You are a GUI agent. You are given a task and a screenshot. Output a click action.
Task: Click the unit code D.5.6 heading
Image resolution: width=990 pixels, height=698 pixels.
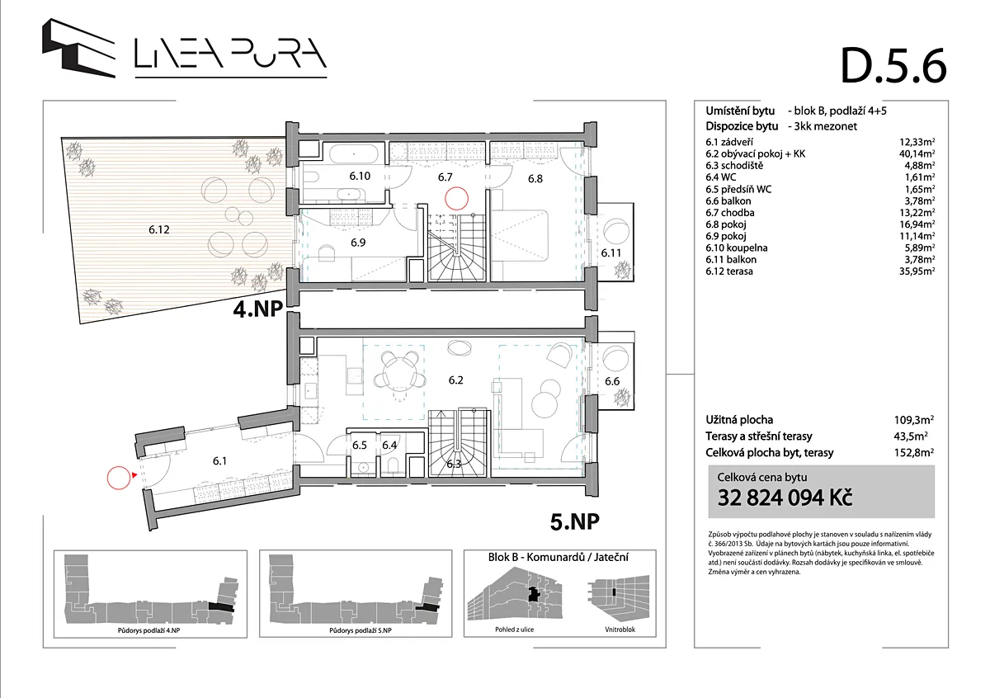coord(893,67)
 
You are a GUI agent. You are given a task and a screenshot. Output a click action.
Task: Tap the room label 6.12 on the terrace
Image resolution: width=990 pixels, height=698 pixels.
coord(159,229)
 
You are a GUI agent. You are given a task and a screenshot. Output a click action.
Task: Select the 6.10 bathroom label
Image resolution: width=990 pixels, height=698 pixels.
coord(360,176)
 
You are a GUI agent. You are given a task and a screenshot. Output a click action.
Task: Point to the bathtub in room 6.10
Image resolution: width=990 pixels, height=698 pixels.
coord(354,153)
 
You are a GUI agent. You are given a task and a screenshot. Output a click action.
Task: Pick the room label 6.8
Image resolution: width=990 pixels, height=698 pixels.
coord(535,178)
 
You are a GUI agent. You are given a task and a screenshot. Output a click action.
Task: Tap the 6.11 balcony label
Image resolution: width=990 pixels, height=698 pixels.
coord(610,252)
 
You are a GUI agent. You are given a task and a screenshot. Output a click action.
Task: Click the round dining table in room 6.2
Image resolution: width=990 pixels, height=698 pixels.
coord(399,372)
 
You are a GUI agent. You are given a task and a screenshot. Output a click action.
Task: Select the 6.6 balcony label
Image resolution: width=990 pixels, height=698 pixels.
coord(612,381)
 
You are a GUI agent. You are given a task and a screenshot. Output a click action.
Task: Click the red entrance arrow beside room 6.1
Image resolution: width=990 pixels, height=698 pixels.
coord(134,475)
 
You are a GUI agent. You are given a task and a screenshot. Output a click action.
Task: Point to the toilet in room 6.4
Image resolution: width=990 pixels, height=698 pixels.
coord(394,465)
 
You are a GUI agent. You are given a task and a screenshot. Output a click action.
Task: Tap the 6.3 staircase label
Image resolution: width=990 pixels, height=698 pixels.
coord(454,465)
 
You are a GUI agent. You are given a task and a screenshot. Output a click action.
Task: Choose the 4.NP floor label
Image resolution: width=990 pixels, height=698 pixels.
coord(257,309)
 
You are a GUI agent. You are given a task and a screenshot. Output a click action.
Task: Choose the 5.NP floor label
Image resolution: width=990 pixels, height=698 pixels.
coord(574,521)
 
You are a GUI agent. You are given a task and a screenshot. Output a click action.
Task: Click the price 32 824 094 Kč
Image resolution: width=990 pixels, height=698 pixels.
coord(785,498)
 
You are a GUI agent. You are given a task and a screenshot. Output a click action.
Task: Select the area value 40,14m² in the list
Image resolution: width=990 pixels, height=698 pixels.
coord(917,153)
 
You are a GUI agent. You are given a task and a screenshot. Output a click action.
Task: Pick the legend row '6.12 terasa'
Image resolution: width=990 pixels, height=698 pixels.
coord(729,271)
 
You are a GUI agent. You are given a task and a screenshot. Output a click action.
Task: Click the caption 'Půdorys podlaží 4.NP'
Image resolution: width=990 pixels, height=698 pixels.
coord(149,630)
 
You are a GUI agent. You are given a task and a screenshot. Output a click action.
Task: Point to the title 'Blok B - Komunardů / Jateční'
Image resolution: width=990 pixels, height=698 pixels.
coord(559,558)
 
